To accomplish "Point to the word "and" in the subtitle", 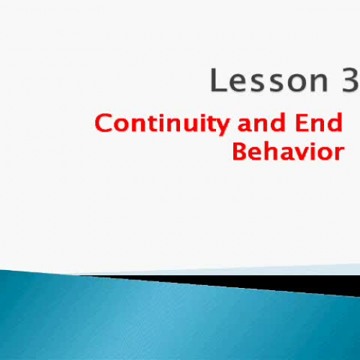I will pos(254,124).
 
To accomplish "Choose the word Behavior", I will pos(287,152).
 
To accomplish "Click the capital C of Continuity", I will pos(104,124).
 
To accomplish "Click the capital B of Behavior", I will pos(240,152).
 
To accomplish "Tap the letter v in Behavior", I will pos(303,154).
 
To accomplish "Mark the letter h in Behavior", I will pos(272,152).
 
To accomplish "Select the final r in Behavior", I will pos(338,154).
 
